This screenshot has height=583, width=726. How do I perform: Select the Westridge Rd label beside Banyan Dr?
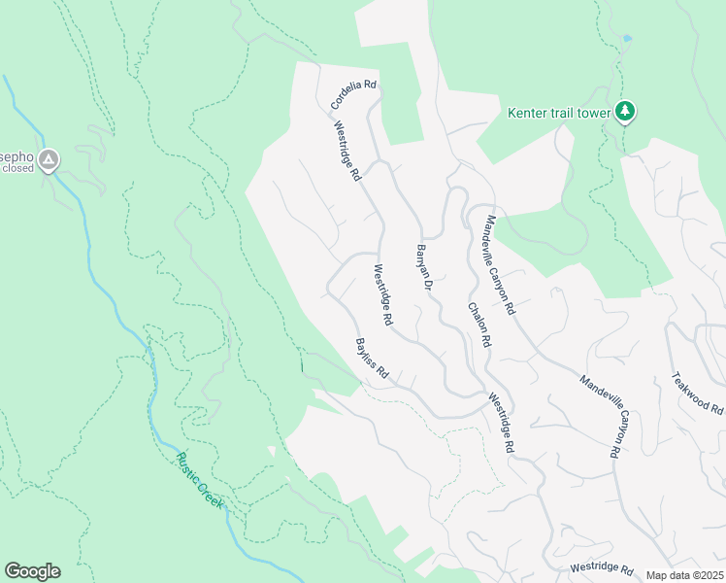[382, 294]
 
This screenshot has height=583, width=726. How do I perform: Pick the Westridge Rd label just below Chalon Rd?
[499, 423]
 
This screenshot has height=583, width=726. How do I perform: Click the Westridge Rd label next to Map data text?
[602, 567]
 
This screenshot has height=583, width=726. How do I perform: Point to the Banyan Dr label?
[423, 269]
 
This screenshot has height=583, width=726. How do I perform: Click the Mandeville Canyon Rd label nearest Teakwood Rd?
[601, 417]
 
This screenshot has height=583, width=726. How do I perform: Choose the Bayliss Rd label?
[372, 359]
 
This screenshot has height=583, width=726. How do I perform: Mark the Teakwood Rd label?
[698, 393]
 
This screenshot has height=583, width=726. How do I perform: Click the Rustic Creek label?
[199, 481]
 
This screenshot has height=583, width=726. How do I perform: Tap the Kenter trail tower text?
[559, 113]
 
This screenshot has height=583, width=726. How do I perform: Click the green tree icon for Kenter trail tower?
[626, 113]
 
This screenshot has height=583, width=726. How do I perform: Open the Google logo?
[32, 570]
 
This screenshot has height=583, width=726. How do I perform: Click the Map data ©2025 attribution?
[684, 575]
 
